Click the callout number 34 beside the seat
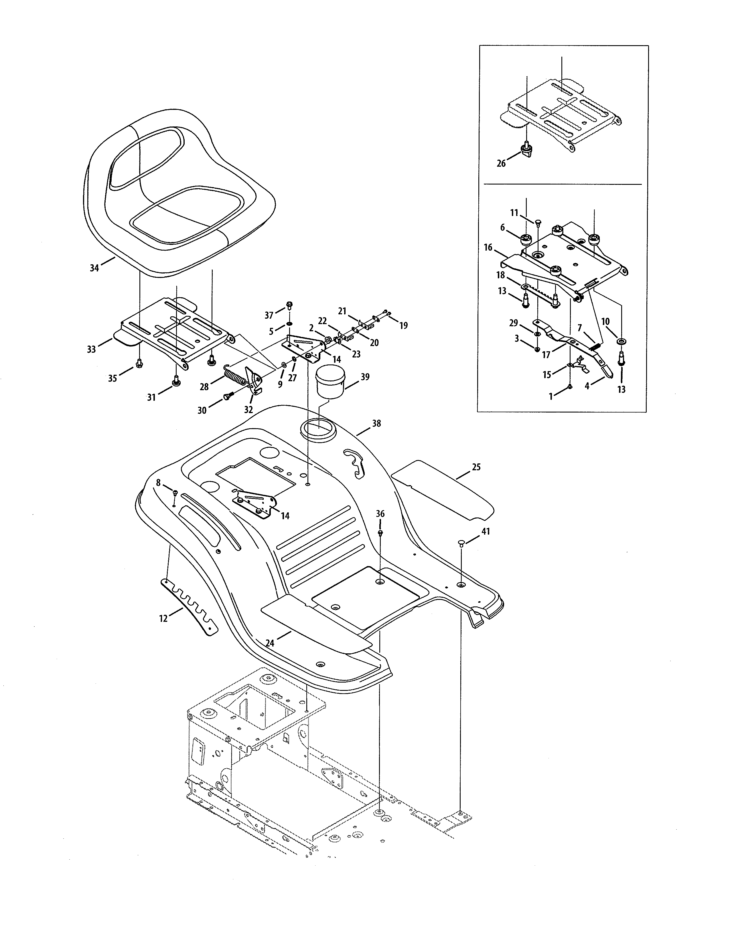pos(94,268)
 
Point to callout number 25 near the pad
pos(476,467)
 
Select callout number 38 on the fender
pos(376,424)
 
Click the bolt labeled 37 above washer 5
pos(289,305)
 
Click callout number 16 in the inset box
pos(488,248)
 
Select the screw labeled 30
pos(228,396)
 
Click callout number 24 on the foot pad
pos(270,643)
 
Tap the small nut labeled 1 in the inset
pos(570,386)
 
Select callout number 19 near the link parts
pos(403,326)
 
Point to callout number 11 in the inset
pos(514,213)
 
